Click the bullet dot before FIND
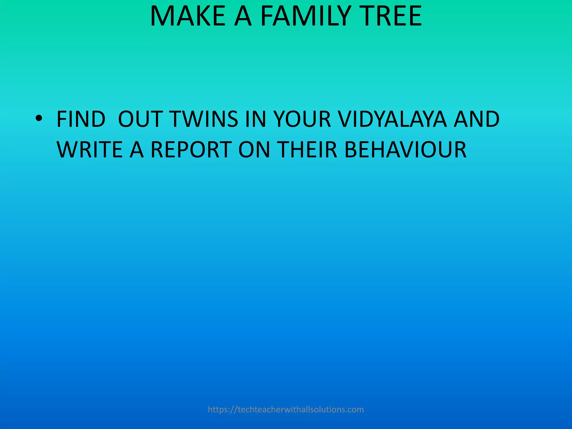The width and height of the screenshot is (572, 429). pyautogui.click(x=39, y=119)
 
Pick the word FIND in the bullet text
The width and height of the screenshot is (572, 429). pyautogui.click(x=81, y=119)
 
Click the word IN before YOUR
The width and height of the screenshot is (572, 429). pyautogui.click(x=256, y=119)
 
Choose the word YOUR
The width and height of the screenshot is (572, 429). pyautogui.click(x=302, y=119)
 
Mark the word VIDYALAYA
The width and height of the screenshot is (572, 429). pyautogui.click(x=392, y=119)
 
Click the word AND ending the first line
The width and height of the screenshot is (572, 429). pyautogui.click(x=476, y=119)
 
